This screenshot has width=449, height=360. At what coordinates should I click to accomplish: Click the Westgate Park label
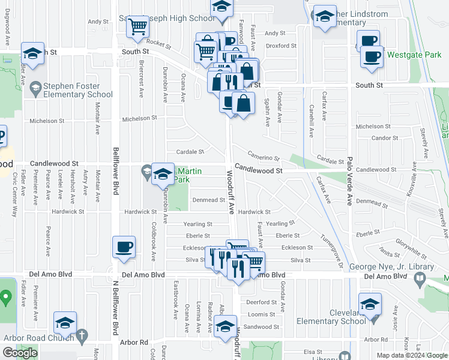click(414, 55)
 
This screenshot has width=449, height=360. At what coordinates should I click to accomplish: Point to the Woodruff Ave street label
click(231, 192)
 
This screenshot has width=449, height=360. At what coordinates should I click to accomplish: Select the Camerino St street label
click(264, 157)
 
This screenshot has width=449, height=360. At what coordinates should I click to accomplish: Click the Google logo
click(20, 353)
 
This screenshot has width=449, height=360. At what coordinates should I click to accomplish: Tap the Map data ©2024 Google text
click(412, 355)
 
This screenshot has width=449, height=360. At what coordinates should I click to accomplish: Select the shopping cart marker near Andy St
click(138, 27)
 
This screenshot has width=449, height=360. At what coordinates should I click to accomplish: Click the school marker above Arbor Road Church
click(65, 323)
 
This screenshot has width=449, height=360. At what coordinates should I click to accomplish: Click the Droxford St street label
click(282, 46)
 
